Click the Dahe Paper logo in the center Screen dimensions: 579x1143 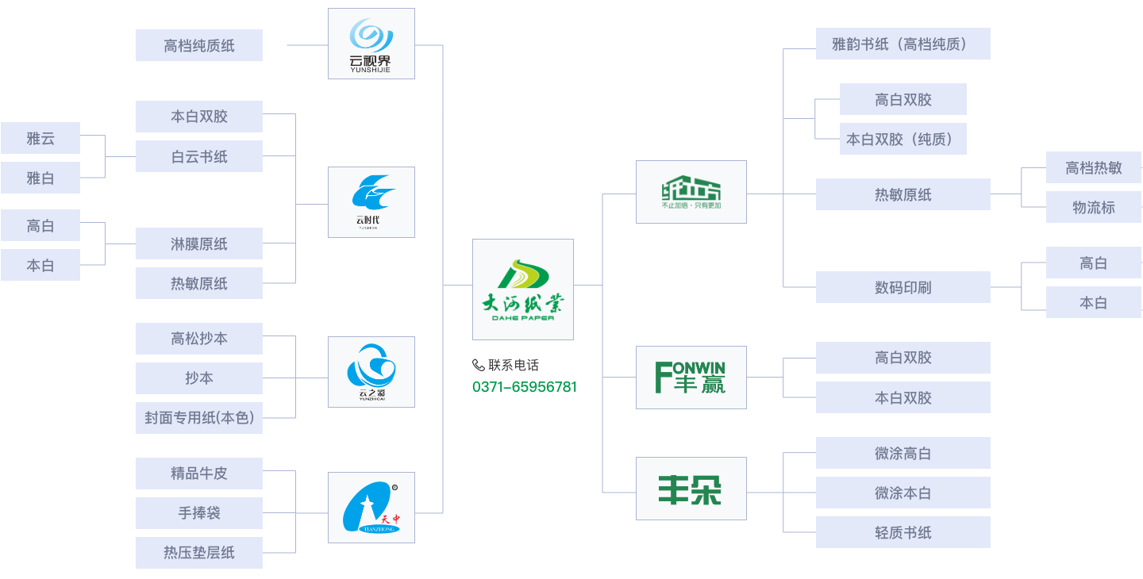522,289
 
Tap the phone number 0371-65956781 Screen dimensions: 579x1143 525,387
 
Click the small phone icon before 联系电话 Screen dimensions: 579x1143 478,365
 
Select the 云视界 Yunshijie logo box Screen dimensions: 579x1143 371,44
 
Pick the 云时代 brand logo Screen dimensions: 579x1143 371,202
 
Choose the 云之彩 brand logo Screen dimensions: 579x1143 371,372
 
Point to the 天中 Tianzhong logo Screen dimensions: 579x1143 371,508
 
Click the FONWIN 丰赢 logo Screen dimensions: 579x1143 691,378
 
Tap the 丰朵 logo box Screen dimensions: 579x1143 691,489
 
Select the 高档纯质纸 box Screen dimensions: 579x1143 199,46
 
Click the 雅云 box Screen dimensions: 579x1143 40,139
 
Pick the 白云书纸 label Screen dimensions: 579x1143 199,157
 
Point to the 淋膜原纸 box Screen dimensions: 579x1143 199,244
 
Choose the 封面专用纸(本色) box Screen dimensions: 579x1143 199,418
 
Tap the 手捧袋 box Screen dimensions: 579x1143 199,513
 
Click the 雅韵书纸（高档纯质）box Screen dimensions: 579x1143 902,44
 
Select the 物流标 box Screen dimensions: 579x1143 1093,208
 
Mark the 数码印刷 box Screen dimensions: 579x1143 902,287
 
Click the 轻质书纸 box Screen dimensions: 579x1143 902,532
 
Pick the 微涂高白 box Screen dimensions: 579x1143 902,454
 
